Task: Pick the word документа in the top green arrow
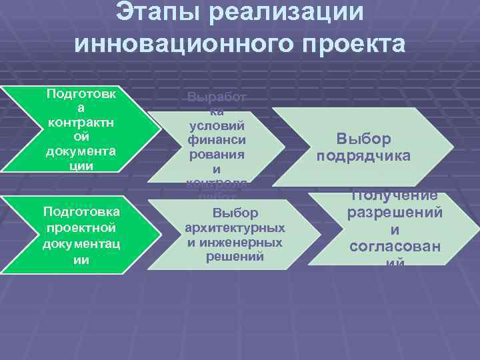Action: (81, 151)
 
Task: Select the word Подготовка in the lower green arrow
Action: (81, 211)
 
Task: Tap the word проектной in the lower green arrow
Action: (81, 227)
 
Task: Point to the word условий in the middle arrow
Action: (217, 125)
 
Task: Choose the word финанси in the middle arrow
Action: (217, 140)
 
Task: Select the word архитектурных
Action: (235, 229)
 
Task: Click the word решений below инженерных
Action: (235, 257)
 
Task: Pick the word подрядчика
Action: (363, 157)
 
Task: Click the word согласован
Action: (395, 247)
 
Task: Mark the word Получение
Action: (395, 197)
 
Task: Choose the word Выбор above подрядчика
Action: (363, 139)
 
